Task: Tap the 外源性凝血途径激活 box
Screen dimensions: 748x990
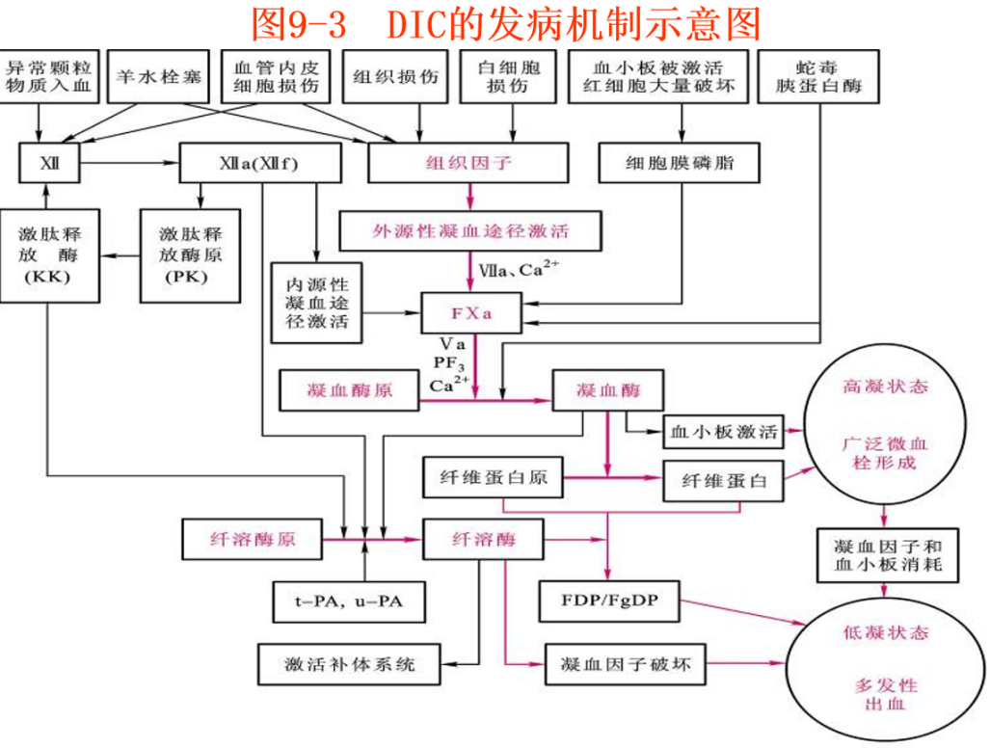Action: [x=470, y=231]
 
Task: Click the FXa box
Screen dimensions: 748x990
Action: [x=471, y=313]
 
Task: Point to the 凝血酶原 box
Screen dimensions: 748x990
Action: [x=350, y=391]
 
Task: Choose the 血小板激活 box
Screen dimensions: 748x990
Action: [x=723, y=431]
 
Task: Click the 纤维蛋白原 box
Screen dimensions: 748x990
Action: [x=493, y=479]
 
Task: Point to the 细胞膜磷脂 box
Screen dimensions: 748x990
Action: [x=679, y=163]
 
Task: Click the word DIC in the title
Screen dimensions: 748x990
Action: [x=420, y=23]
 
